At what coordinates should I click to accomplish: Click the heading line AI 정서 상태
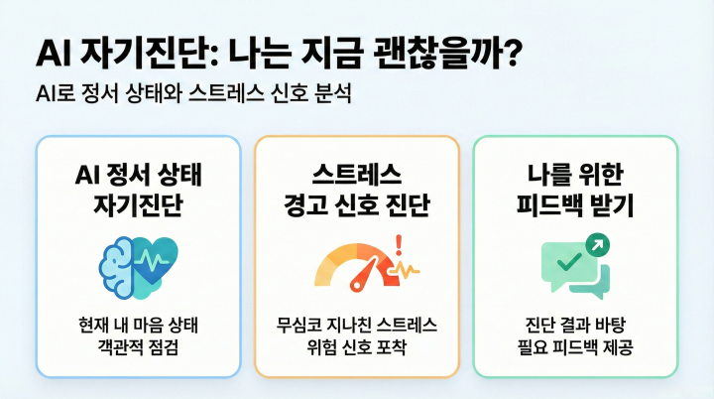click(138, 175)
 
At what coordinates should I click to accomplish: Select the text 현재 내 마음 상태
click(139, 326)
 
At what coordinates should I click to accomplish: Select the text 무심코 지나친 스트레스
click(357, 326)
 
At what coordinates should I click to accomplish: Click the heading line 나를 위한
click(575, 175)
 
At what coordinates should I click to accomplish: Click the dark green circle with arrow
click(598, 244)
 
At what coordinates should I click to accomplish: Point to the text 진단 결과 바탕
click(575, 326)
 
